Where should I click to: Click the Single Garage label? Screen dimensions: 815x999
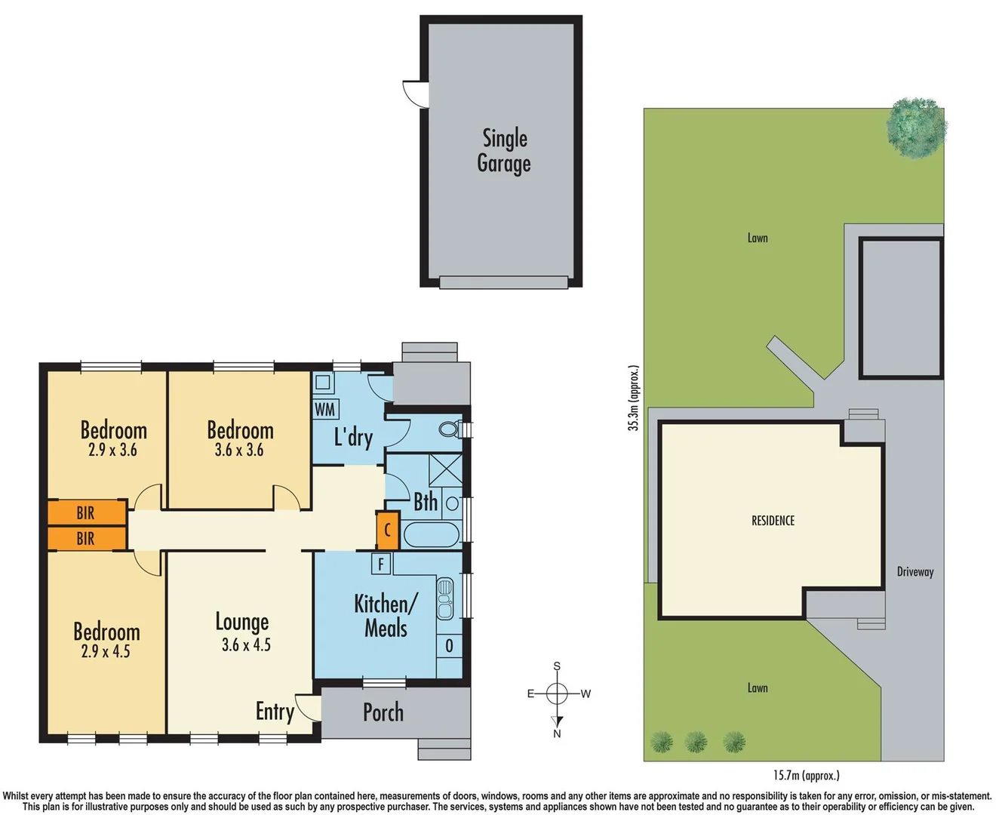coord(504,151)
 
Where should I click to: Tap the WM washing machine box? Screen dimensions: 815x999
coord(325,409)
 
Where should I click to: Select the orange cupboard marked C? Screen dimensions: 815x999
coord(387,530)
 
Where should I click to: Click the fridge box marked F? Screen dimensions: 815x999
coord(381,563)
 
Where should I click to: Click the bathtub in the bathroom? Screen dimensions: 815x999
coord(432,535)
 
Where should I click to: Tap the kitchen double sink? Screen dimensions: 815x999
coord(445,598)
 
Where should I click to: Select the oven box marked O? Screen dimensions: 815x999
coord(449,646)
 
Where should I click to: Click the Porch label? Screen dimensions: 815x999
coord(383,712)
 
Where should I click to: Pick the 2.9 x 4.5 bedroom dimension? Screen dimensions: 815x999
coord(106,651)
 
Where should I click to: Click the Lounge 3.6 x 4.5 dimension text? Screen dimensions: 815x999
coord(246,645)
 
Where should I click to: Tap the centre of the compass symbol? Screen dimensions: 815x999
coord(557,694)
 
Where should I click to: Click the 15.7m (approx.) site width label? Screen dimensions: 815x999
coord(806,775)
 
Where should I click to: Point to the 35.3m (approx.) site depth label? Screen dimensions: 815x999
coord(634,398)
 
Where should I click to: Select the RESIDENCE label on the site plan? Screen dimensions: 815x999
coord(773,521)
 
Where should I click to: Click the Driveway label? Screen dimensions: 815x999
coord(915,572)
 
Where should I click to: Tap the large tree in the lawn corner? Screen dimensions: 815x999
coord(915,128)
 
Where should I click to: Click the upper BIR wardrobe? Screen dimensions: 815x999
coord(87,512)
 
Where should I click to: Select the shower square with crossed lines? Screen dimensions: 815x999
coord(445,471)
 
